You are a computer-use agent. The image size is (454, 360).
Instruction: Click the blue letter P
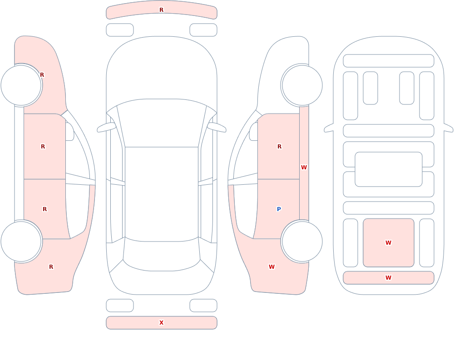click(279, 209)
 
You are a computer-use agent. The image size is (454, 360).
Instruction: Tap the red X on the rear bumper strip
click(162, 323)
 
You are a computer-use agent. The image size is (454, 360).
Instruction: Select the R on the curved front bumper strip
click(162, 10)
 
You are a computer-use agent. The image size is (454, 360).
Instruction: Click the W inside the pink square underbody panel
click(388, 243)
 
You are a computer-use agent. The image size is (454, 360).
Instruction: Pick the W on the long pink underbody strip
click(388, 278)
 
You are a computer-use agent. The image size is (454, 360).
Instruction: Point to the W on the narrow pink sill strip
click(304, 168)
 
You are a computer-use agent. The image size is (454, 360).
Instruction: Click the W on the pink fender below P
click(271, 267)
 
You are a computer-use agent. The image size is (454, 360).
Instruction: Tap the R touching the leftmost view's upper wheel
click(42, 75)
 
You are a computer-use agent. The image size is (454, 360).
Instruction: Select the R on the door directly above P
click(279, 147)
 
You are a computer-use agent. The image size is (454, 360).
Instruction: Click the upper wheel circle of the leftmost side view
click(21, 85)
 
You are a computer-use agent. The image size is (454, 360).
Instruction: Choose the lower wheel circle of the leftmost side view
click(21, 242)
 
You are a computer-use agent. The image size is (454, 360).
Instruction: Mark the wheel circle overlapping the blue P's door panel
click(302, 242)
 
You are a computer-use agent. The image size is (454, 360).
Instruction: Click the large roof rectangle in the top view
click(162, 194)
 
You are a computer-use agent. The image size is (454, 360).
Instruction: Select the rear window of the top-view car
click(162, 255)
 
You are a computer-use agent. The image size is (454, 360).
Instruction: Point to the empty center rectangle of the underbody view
click(388, 169)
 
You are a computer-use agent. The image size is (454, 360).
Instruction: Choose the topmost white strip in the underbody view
click(388, 61)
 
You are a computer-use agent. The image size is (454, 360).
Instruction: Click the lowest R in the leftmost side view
click(51, 267)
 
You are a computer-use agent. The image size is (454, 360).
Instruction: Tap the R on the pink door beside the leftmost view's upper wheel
click(43, 147)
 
